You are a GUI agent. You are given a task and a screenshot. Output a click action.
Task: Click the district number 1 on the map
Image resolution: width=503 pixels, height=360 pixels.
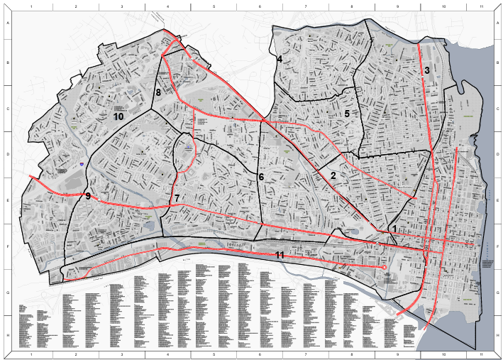[x=394, y=228]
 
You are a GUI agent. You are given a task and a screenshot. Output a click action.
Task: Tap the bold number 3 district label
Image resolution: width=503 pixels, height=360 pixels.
[x=427, y=70]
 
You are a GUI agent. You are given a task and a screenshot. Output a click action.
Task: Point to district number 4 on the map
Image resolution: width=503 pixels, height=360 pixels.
[x=280, y=60]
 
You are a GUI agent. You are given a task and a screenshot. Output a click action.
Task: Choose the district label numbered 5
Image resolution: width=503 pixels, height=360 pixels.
[x=347, y=113]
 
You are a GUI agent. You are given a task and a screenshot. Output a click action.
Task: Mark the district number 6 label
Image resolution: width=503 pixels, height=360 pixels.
[x=261, y=176]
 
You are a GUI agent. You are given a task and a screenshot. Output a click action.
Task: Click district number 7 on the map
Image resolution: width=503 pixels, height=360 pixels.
[x=177, y=197]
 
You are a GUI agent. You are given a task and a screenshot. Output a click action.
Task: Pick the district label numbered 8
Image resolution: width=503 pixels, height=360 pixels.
[x=159, y=92]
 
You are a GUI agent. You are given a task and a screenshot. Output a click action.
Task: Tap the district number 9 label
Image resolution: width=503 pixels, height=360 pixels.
[x=88, y=196]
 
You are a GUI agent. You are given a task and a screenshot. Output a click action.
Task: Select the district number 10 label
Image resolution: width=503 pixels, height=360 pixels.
[x=118, y=115]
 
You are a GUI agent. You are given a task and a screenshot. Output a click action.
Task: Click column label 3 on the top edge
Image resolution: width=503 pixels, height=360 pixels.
[x=121, y=6]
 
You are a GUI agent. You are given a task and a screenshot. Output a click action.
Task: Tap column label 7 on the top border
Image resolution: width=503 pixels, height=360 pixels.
[x=305, y=6]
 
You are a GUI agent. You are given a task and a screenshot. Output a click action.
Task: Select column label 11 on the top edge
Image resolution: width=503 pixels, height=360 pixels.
[x=481, y=6]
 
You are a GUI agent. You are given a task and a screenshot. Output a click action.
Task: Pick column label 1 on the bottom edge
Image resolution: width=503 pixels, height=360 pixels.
[x=31, y=353]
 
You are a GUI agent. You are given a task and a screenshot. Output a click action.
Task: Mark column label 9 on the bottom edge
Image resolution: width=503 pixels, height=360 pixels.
[x=397, y=353]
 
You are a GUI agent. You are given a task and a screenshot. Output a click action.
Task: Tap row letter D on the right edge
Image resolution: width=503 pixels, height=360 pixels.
[x=495, y=154]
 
